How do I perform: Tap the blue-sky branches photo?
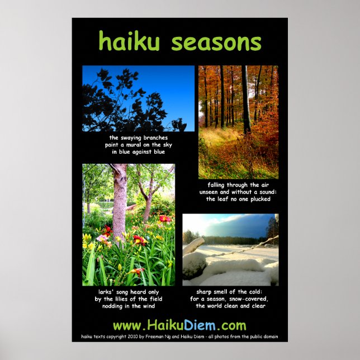point(138,98)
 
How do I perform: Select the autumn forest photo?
point(238,121)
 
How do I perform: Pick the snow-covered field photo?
point(230,249)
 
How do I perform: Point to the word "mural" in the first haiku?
point(134,145)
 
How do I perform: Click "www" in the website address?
point(125,326)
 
